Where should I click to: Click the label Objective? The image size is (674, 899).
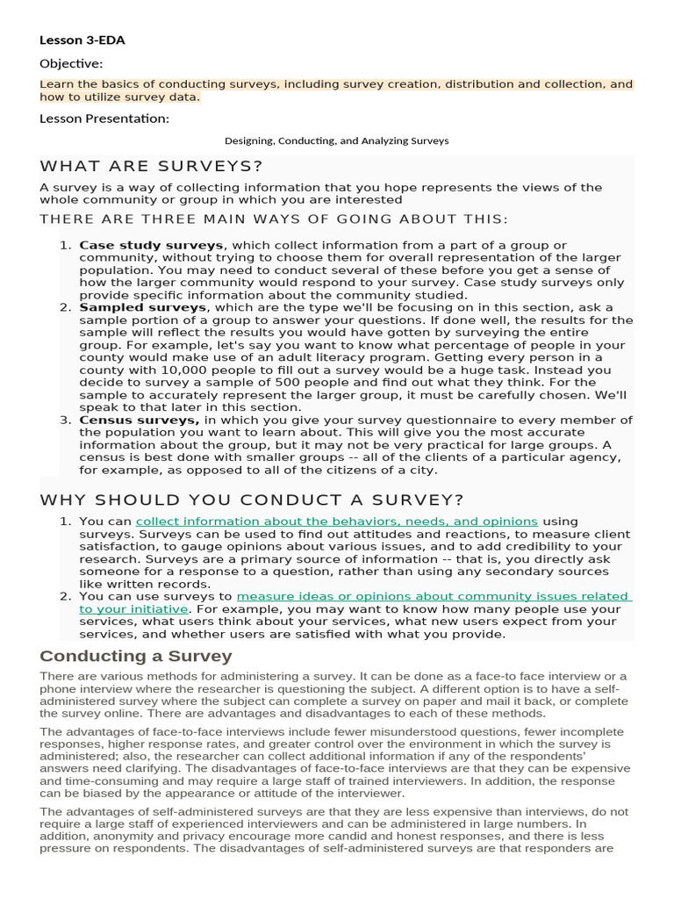(71, 63)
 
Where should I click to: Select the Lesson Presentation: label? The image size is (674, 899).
(104, 119)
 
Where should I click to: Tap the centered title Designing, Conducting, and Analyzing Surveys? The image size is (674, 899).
(336, 140)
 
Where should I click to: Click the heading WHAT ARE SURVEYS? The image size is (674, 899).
(151, 166)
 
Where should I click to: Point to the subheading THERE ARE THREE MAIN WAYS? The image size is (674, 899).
(273, 219)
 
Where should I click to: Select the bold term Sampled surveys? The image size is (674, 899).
(143, 308)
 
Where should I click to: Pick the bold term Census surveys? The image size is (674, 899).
(139, 420)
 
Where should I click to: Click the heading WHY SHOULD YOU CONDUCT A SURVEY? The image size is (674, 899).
(252, 500)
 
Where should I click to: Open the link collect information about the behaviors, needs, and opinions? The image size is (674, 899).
(336, 521)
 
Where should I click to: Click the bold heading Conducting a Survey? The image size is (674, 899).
(136, 656)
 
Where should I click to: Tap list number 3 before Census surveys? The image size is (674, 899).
(65, 420)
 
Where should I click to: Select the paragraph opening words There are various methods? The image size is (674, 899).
(108, 675)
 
